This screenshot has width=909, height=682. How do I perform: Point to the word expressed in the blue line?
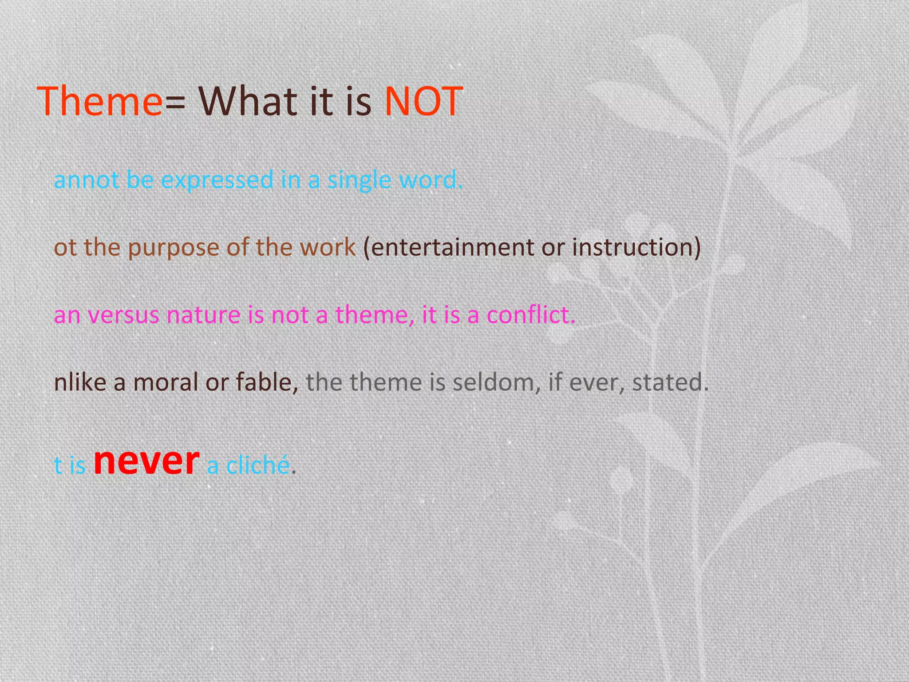tap(217, 180)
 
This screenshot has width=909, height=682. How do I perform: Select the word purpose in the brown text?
tap(174, 248)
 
